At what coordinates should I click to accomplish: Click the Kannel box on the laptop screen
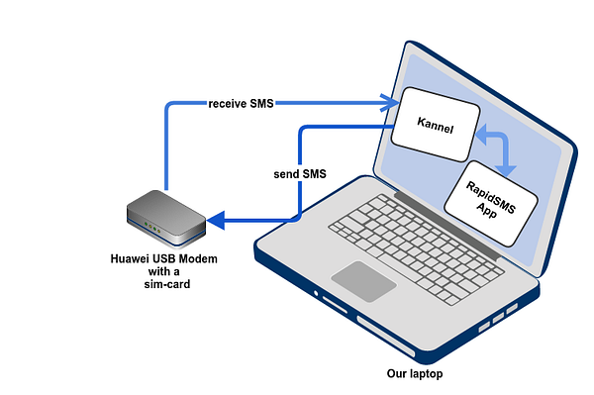click(436, 125)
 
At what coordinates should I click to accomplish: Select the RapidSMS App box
click(491, 204)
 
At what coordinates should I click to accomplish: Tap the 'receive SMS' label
click(241, 103)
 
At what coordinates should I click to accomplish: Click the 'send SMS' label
click(300, 174)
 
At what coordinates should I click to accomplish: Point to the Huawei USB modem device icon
click(166, 219)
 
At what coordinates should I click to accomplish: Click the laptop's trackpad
click(363, 281)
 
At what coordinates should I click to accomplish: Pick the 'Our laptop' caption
click(415, 374)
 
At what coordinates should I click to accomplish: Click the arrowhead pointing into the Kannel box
click(389, 103)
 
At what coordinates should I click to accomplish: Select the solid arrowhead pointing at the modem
click(216, 221)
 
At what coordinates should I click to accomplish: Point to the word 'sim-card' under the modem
click(167, 284)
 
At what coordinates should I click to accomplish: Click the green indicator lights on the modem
click(152, 228)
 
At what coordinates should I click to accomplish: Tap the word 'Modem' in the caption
click(198, 259)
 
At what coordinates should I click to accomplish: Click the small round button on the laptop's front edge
click(316, 293)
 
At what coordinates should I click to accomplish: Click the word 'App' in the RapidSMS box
click(486, 211)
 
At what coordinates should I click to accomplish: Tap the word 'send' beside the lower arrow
click(286, 174)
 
